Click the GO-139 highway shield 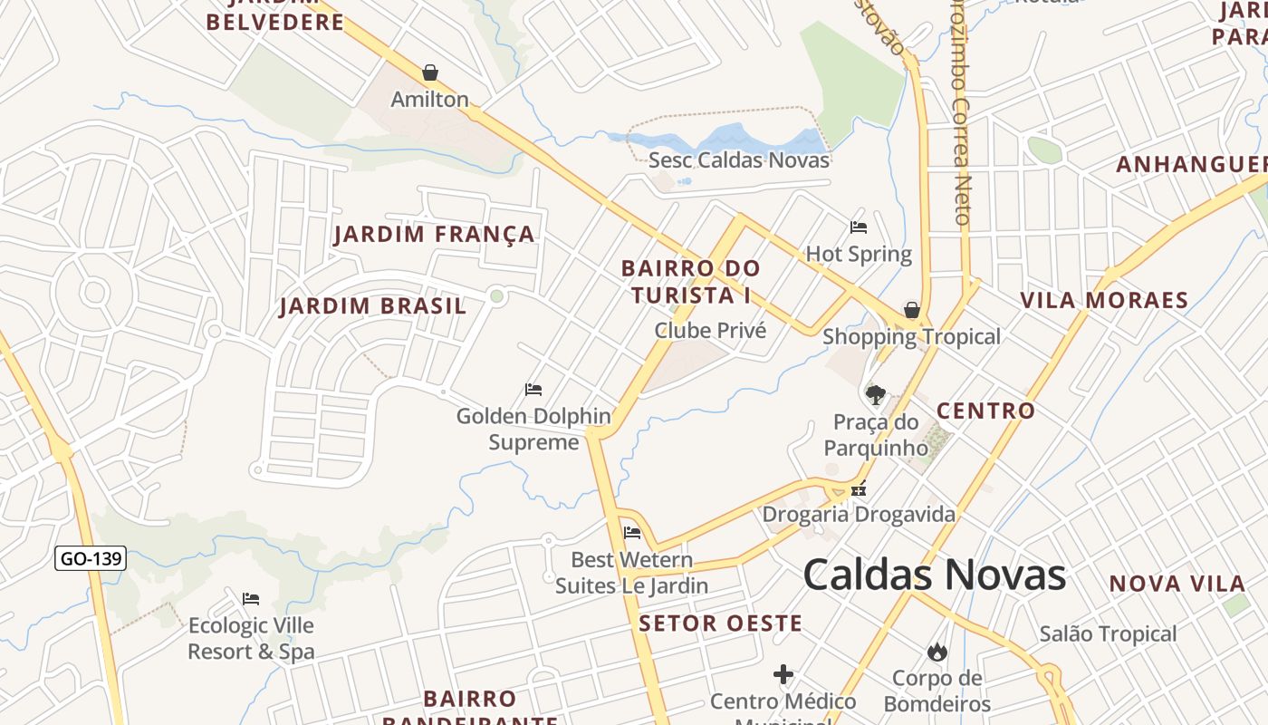(91, 558)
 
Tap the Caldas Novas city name (934, 575)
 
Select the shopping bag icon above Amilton (430, 72)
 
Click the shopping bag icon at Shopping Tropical (912, 310)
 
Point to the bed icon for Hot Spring (859, 227)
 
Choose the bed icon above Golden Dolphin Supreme (533, 390)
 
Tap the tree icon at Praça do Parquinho (875, 394)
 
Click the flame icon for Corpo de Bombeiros (937, 652)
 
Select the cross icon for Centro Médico (783, 674)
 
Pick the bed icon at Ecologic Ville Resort (251, 599)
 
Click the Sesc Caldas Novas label (738, 160)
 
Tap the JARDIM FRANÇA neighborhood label (434, 235)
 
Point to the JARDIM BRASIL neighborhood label (372, 306)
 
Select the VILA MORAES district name (1103, 300)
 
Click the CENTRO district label (985, 411)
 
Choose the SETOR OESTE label (720, 623)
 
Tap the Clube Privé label (710, 331)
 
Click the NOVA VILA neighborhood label (1177, 584)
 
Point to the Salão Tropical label (1108, 634)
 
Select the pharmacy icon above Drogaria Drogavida (859, 489)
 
